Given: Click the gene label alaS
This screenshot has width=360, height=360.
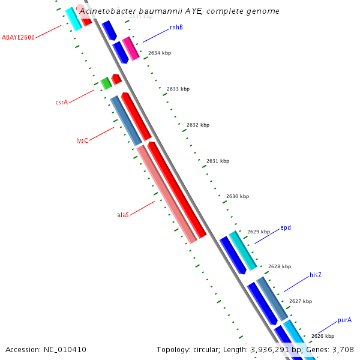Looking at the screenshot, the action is point(123,214).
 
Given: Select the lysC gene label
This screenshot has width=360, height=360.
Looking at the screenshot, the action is point(82,140).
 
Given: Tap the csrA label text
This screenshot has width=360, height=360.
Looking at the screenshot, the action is point(61,102).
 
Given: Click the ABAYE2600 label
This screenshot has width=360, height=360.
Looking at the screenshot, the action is point(18,37).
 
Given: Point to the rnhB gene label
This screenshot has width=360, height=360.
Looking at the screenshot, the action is point(176,27).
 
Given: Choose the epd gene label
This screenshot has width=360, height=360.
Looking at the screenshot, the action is point(286,228).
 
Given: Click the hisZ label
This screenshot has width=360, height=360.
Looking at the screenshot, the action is point(316,275).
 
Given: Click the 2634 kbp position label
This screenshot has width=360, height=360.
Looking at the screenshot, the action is point(160,53).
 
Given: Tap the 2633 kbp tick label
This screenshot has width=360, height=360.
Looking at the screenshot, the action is point(178,89).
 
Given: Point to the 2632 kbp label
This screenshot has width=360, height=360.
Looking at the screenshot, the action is point(198,125).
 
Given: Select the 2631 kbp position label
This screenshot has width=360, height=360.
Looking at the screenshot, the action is point(218,161).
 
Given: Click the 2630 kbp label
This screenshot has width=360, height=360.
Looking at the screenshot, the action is point(238,196).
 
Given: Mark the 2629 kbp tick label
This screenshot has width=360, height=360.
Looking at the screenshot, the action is point(259,232).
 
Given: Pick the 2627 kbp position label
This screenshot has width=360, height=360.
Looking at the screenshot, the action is point(300,301).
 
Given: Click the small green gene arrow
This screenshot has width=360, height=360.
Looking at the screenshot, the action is point(106,83).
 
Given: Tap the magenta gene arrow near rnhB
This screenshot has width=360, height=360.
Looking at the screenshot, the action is point(130,48).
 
